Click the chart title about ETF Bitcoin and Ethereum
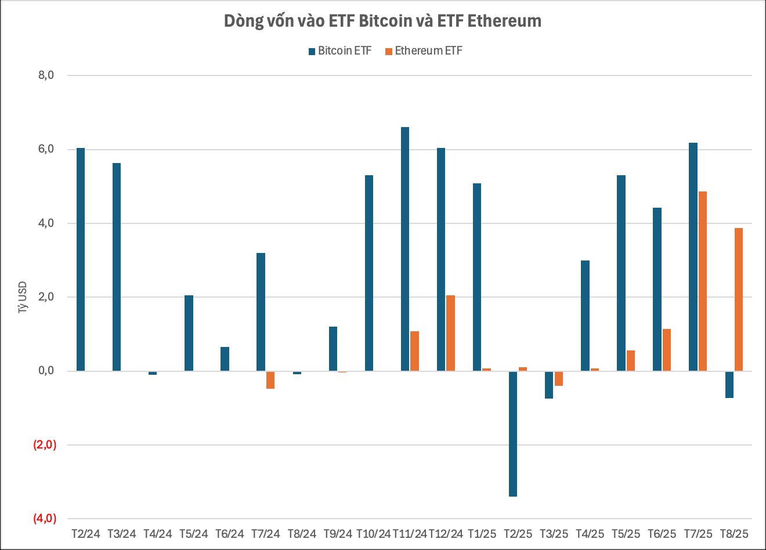click(x=382, y=21)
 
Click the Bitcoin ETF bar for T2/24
click(x=81, y=259)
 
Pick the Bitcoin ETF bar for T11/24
click(x=405, y=249)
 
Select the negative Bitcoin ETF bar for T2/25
click(x=513, y=433)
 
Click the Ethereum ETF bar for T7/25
click(x=702, y=281)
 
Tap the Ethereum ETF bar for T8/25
click(x=738, y=299)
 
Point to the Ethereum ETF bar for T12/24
click(x=450, y=333)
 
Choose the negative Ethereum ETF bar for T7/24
click(x=270, y=379)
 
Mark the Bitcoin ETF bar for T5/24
click(x=189, y=333)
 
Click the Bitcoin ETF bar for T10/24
click(x=369, y=273)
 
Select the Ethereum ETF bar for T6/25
click(x=666, y=350)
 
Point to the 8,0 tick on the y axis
click(x=45, y=75)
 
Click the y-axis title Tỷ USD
click(x=23, y=298)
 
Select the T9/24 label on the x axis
click(x=338, y=534)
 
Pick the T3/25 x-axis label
click(x=554, y=534)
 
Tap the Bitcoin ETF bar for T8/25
click(x=729, y=384)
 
